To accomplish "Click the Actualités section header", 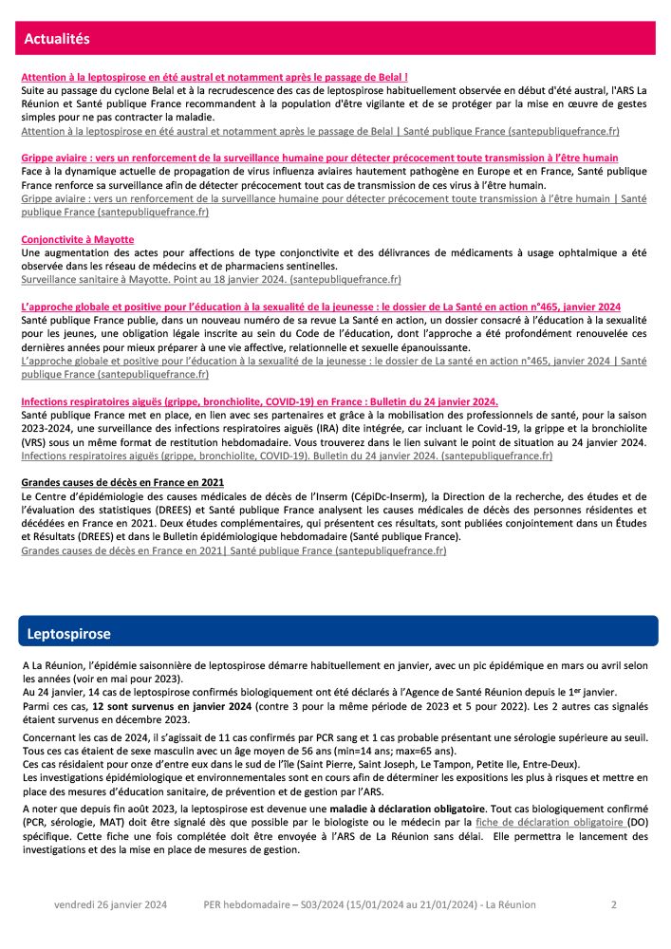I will point(57,39).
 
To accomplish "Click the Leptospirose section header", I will point(68,633).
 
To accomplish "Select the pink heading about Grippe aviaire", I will point(320,158).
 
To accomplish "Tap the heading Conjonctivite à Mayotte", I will point(78,239).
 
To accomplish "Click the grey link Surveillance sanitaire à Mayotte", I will point(211,280).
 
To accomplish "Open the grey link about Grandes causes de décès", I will point(233,550).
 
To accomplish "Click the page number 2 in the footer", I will point(614,905).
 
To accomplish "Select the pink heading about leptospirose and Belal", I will point(214,76).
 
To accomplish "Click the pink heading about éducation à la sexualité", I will point(321,307).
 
